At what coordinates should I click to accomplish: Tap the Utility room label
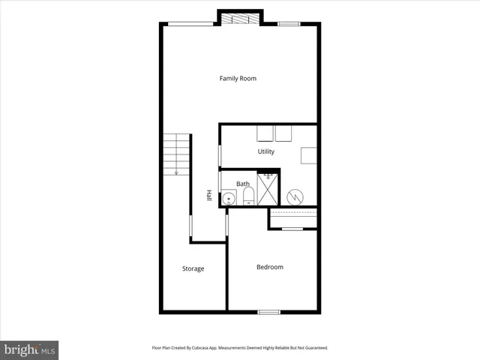266,151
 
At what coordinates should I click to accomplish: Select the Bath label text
243,184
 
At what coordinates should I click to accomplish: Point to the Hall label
209,195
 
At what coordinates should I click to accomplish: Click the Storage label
193,268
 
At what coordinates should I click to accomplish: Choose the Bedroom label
270,267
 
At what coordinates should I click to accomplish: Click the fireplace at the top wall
240,18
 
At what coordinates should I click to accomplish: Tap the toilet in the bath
248,197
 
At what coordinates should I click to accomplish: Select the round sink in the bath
229,199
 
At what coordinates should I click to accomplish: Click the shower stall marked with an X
268,189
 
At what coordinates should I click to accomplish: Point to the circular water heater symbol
295,196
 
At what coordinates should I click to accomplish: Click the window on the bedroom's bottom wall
268,311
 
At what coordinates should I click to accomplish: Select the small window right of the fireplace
288,24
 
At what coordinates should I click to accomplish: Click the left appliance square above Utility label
264,133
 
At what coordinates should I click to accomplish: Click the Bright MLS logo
30,349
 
